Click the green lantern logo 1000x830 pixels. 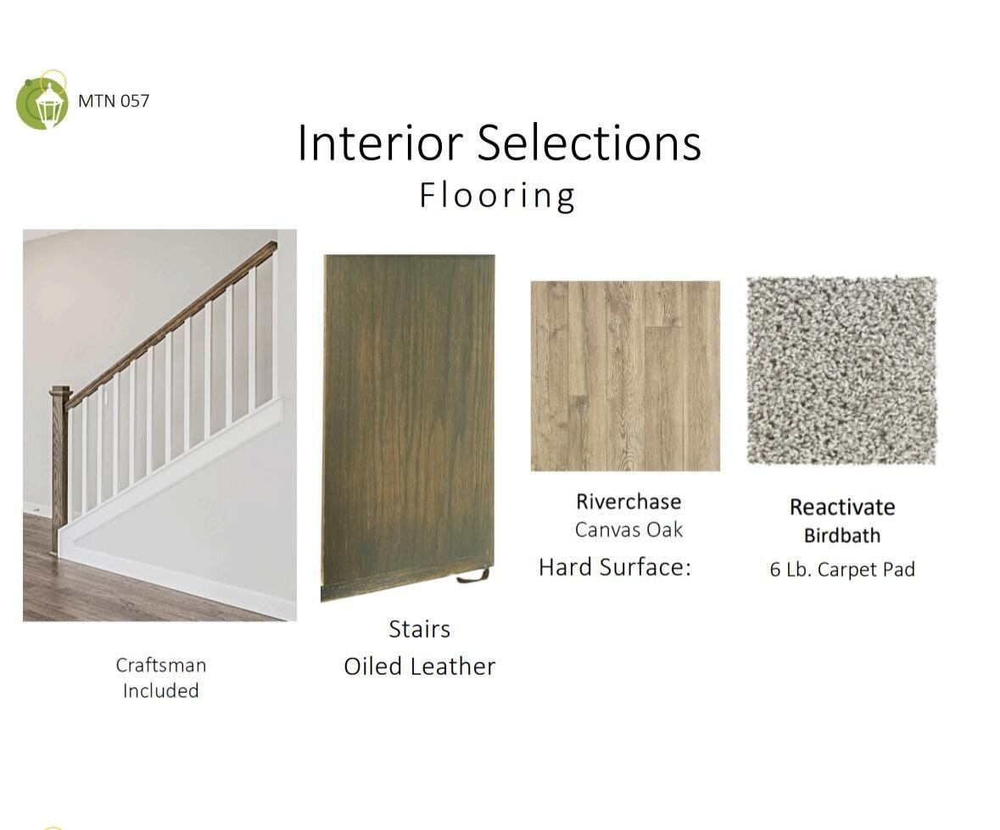click(x=42, y=101)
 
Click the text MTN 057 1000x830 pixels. click(x=114, y=101)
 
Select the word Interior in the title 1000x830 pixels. click(x=380, y=142)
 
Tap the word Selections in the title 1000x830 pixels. click(x=589, y=142)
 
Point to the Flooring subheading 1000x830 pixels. click(x=497, y=195)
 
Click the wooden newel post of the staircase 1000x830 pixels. click(x=60, y=470)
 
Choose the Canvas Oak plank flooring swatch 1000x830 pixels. click(x=626, y=376)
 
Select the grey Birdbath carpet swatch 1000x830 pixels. click(x=842, y=371)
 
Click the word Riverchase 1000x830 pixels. click(x=628, y=502)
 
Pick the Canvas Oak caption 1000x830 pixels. click(x=628, y=530)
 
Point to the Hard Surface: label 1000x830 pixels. click(x=615, y=566)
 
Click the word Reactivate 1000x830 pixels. click(x=842, y=507)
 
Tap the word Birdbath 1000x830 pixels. click(x=842, y=536)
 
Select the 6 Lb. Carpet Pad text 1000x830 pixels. click(x=842, y=569)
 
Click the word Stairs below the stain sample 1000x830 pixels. click(x=420, y=629)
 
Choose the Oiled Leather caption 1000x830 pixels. click(x=420, y=667)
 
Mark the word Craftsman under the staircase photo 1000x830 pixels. click(x=160, y=666)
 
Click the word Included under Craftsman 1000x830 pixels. click(x=160, y=691)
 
